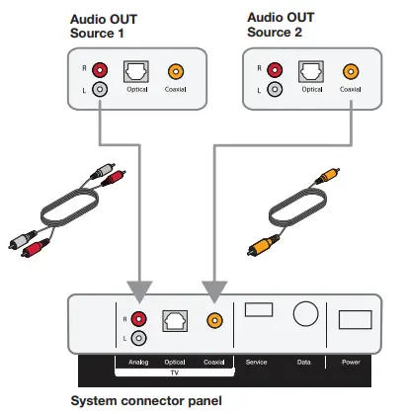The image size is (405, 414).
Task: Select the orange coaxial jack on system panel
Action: pyautogui.click(x=211, y=319)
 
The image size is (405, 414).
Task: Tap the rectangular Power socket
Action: pyautogui.click(x=354, y=318)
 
